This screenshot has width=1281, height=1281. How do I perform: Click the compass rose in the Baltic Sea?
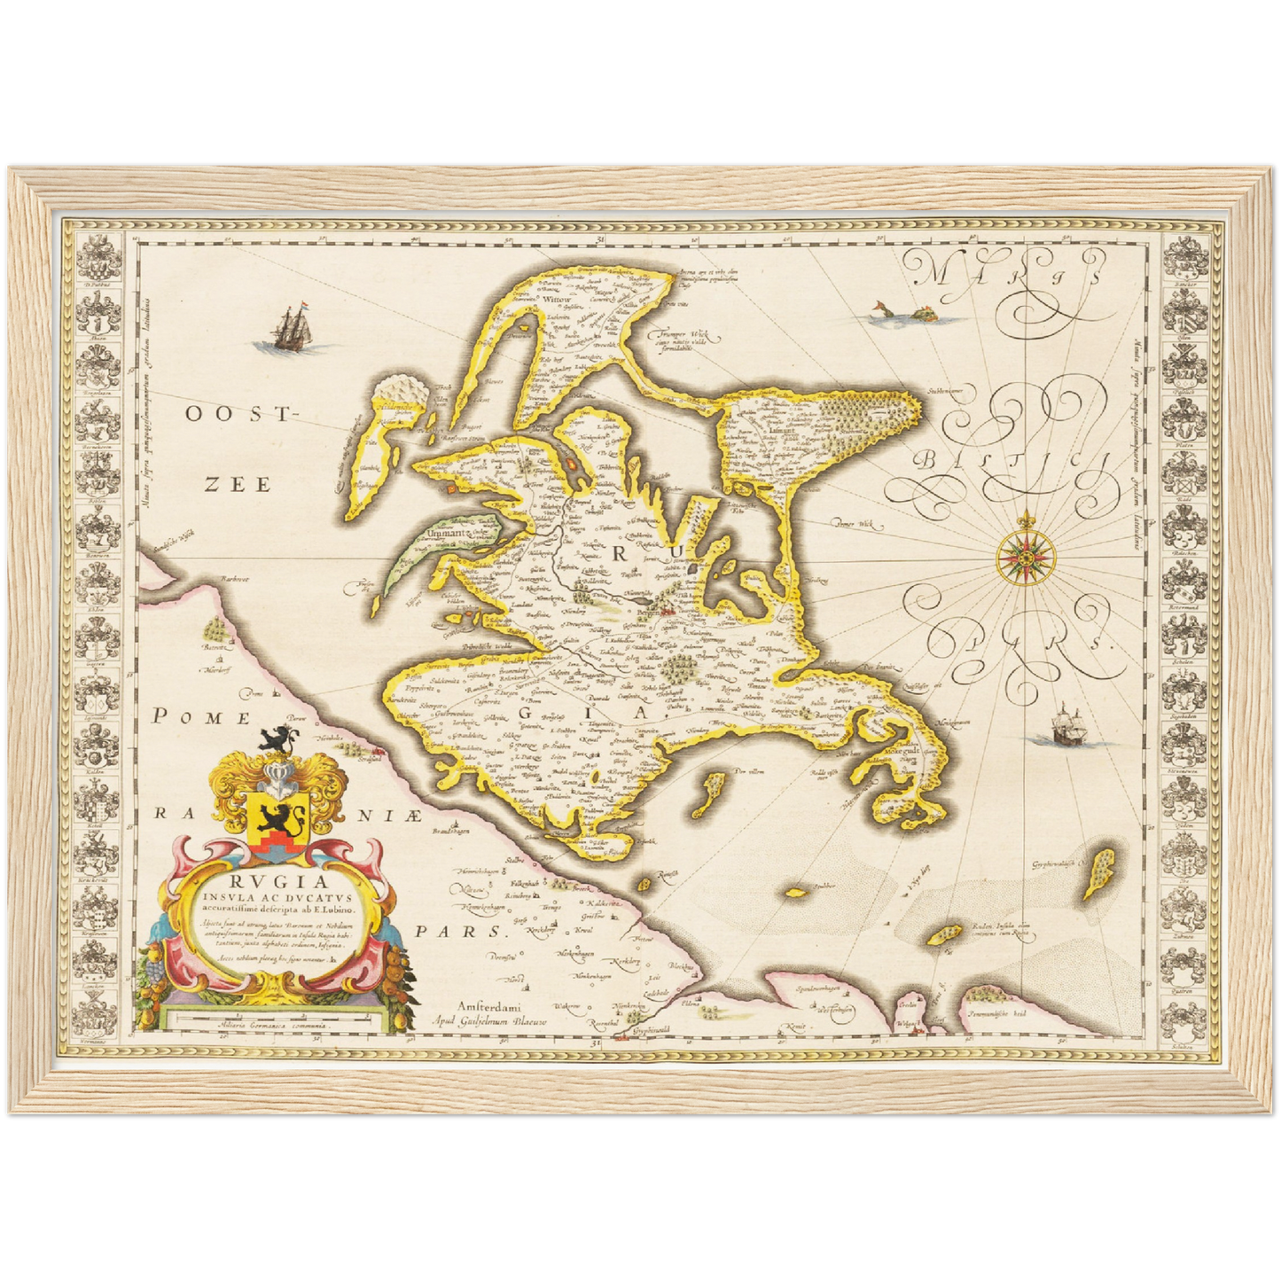(x=1021, y=555)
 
